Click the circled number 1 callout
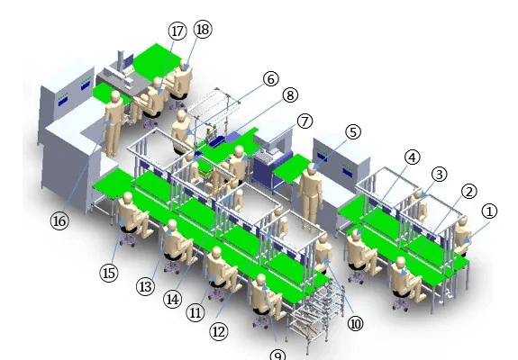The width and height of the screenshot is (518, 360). point(489,211)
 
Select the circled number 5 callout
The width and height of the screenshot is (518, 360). point(353,132)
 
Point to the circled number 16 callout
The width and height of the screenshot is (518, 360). point(59,221)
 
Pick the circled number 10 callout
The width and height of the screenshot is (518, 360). point(355,324)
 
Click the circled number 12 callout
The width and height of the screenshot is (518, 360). point(219,331)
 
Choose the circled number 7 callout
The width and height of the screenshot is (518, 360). point(304,121)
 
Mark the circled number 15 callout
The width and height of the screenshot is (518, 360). point(109,274)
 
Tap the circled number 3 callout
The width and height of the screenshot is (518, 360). point(439,175)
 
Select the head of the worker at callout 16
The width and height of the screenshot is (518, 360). point(115,96)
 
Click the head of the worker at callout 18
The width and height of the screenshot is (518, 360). point(185,65)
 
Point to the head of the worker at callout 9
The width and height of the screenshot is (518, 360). point(260,280)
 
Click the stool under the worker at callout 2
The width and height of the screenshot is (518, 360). point(401,303)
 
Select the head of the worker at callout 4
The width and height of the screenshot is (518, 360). point(355,234)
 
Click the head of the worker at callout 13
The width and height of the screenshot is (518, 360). point(172,225)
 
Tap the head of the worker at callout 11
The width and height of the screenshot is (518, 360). point(216,252)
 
